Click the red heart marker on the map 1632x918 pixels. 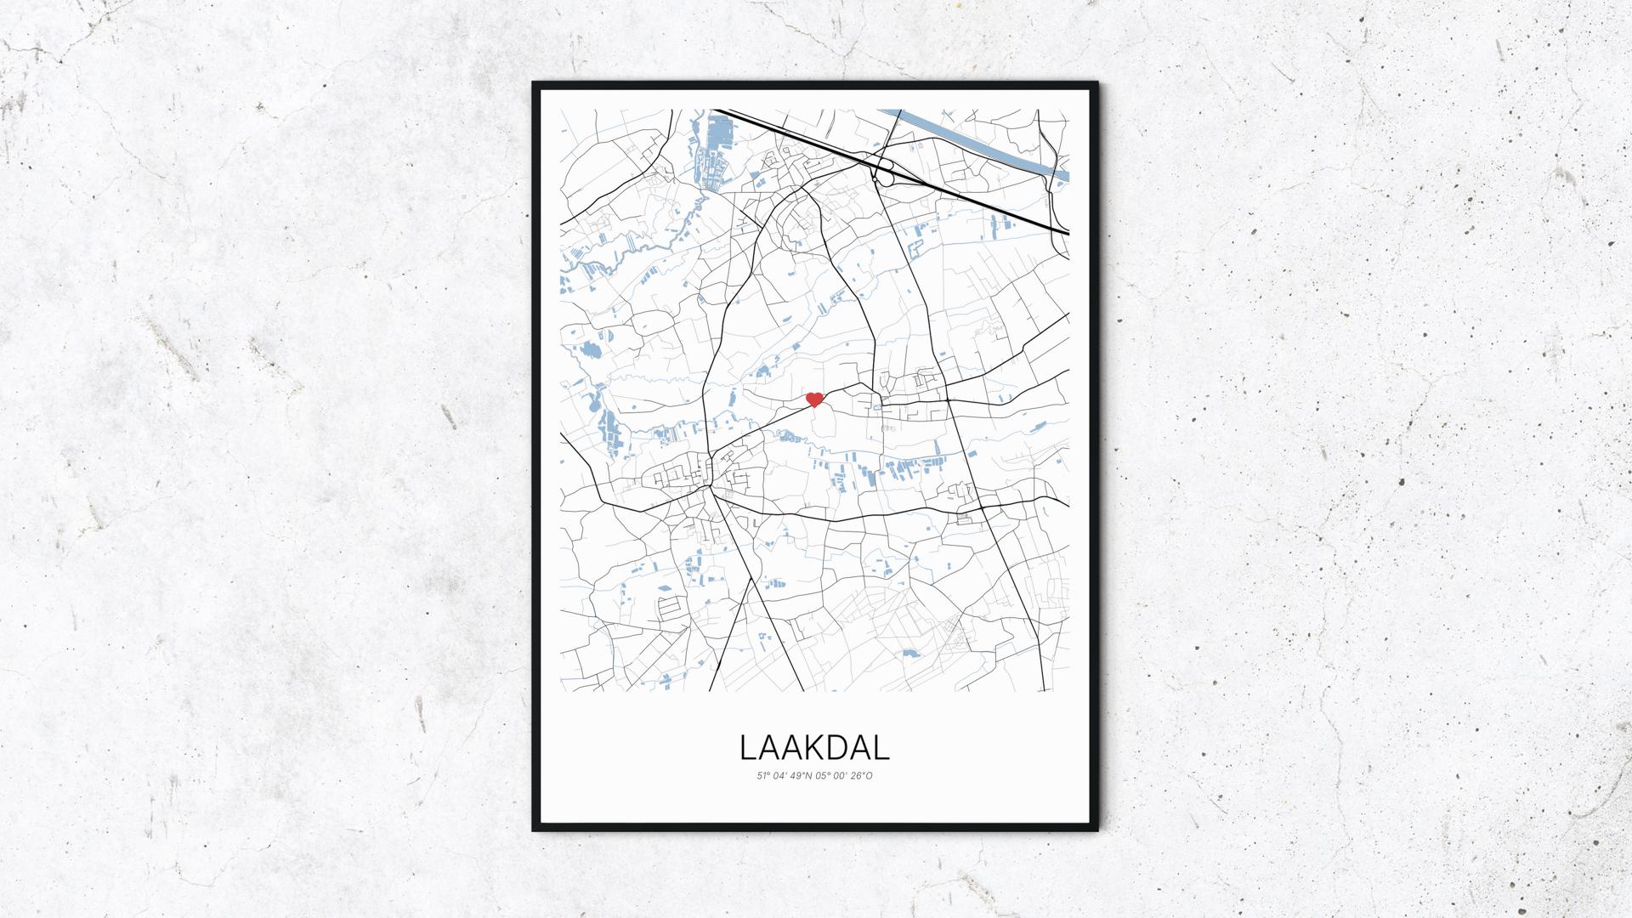[814, 399]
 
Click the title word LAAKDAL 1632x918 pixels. [814, 747]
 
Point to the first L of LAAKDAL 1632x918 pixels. [747, 747]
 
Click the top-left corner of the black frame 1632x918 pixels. [534, 83]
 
